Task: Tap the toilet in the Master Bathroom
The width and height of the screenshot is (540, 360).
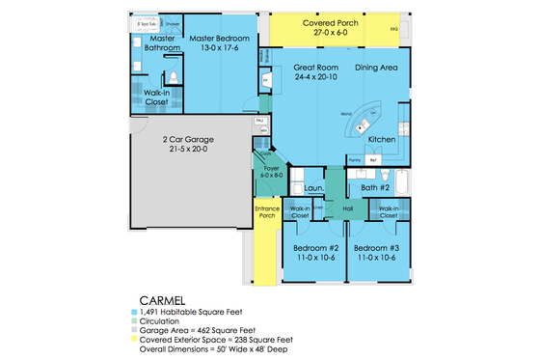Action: pos(173,76)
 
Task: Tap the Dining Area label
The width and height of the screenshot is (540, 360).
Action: pos(377,68)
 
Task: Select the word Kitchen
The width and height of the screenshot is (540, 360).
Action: pos(382,140)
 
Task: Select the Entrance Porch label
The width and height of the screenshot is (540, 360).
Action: pos(266,212)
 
